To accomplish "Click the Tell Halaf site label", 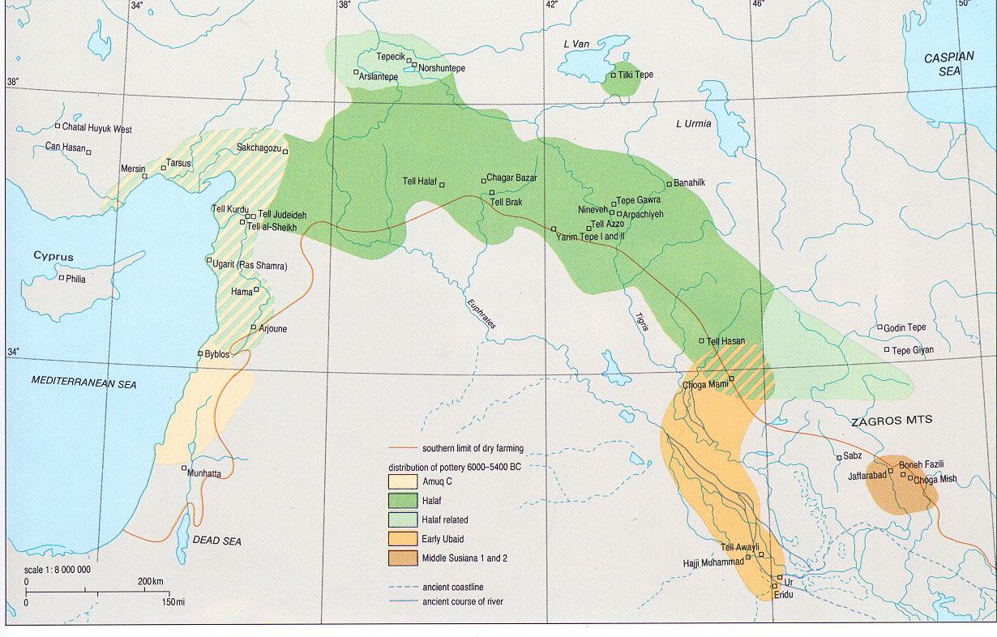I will point(420,182).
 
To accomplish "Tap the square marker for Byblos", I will point(200,354).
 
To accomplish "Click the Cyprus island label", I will point(53,257).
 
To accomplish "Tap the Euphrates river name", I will point(480,312).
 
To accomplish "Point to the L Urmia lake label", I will point(693,124).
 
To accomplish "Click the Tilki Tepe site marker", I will point(614,75).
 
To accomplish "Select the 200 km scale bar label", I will point(151,582).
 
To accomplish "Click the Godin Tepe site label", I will point(905,327).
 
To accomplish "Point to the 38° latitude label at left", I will point(12,82).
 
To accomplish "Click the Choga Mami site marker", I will point(730,378).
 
